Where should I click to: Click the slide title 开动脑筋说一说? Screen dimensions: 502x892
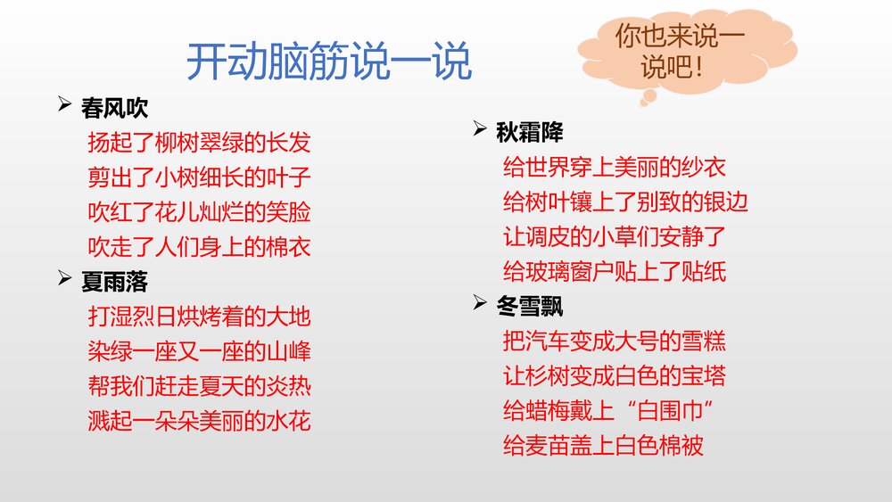tap(328, 62)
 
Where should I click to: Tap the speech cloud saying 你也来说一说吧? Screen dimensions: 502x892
tap(681, 51)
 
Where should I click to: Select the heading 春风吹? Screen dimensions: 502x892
tap(114, 109)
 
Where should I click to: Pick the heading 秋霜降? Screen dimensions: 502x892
tap(529, 133)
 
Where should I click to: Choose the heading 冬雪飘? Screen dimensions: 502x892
tap(529, 307)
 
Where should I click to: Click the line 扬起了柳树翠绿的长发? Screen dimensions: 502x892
tap(199, 143)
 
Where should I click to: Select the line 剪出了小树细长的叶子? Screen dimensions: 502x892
tap(199, 177)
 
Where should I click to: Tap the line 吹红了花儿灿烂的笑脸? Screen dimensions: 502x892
tap(199, 212)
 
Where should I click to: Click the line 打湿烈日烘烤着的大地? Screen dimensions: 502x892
tap(199, 317)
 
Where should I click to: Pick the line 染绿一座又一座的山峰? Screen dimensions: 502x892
tap(199, 351)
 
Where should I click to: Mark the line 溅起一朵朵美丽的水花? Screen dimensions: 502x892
tap(199, 420)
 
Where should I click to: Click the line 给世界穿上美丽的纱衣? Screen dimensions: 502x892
tap(615, 167)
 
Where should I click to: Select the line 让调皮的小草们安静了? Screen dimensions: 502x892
tap(615, 237)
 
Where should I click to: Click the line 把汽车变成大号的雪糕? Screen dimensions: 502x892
tap(615, 341)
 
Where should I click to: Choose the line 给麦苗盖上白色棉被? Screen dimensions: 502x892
tap(604, 445)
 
